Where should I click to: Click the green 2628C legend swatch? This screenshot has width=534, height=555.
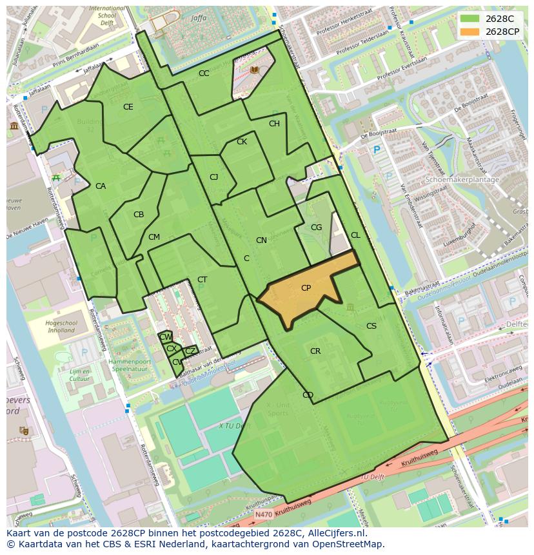pyautogui.click(x=470, y=19)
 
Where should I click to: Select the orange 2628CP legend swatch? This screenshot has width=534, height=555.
pyautogui.click(x=470, y=32)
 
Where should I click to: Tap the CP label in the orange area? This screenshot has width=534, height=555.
pyautogui.click(x=306, y=288)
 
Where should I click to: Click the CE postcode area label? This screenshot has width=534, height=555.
pyautogui.click(x=128, y=107)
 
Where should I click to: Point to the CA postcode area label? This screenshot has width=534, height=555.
pyautogui.click(x=101, y=186)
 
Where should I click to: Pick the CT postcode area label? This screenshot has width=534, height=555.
pyautogui.click(x=203, y=280)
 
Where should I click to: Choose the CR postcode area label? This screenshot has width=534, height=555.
pyautogui.click(x=315, y=351)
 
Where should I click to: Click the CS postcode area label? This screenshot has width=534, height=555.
pyautogui.click(x=371, y=326)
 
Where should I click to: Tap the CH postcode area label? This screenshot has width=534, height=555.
pyautogui.click(x=274, y=124)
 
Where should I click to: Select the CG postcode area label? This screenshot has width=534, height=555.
pyautogui.click(x=316, y=228)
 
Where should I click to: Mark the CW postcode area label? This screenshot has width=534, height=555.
pyautogui.click(x=166, y=337)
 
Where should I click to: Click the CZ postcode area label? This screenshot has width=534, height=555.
pyautogui.click(x=190, y=351)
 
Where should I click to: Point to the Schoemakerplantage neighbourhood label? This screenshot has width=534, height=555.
pyautogui.click(x=462, y=180)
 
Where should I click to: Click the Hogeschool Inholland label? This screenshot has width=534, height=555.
pyautogui.click(x=62, y=327)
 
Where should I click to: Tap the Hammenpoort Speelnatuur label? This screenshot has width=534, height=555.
pyautogui.click(x=131, y=366)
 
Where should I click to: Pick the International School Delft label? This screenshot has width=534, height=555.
pyautogui.click(x=107, y=14)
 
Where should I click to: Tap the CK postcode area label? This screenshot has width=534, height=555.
pyautogui.click(x=242, y=142)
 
